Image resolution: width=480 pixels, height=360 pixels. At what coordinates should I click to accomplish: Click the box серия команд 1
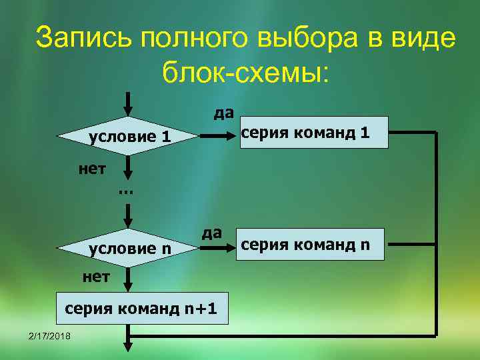tap(313, 131)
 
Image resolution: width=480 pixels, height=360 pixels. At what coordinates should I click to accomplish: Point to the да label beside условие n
tap(211, 231)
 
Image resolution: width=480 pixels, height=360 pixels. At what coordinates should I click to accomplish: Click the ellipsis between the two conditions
tap(125, 191)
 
